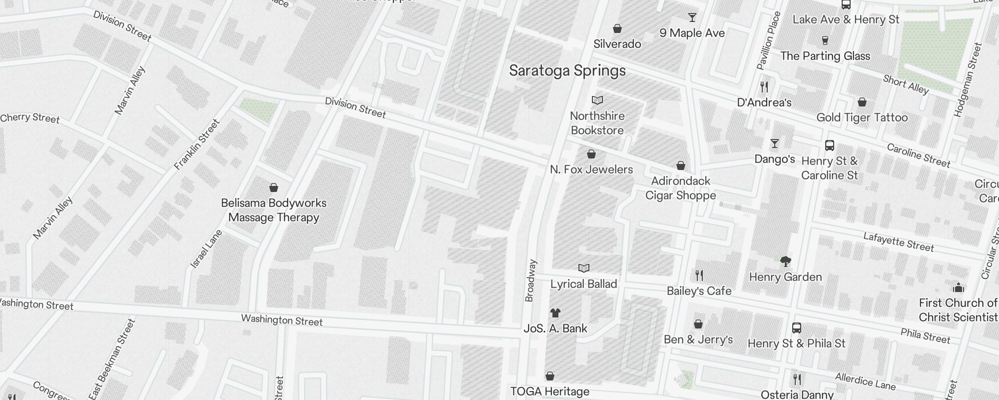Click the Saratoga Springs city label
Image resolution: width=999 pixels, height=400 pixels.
pyautogui.click(x=567, y=70)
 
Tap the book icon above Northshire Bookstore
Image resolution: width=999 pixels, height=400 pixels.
pyautogui.click(x=597, y=100)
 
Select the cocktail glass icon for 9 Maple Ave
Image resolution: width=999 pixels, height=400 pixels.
pyautogui.click(x=692, y=17)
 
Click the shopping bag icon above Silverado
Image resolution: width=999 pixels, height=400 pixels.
pyautogui.click(x=617, y=28)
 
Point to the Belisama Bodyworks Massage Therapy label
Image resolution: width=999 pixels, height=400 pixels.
pyautogui.click(x=274, y=210)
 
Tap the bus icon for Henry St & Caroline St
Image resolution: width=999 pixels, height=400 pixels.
pyautogui.click(x=830, y=145)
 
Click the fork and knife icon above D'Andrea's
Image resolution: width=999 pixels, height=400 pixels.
pyautogui.click(x=764, y=87)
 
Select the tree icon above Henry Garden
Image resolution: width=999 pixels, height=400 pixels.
pyautogui.click(x=785, y=261)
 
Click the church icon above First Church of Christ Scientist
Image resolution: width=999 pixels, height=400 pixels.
pyautogui.click(x=958, y=287)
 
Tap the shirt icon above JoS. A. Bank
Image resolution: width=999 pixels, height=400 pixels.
pyautogui.click(x=555, y=313)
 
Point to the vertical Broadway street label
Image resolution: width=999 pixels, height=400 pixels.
pyautogui.click(x=530, y=280)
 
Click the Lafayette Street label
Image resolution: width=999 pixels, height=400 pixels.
pyautogui.click(x=898, y=242)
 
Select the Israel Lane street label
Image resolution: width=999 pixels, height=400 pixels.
pyautogui.click(x=206, y=248)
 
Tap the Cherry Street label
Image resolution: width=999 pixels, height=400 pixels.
pyautogui.click(x=30, y=118)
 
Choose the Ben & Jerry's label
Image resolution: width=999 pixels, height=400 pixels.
pyautogui.click(x=698, y=339)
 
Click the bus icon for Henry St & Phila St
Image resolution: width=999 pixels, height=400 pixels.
pyautogui.click(x=797, y=328)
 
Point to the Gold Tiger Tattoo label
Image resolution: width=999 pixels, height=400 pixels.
pyautogui.click(x=862, y=117)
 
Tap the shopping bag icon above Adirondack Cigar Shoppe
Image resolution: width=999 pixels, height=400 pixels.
pyautogui.click(x=680, y=165)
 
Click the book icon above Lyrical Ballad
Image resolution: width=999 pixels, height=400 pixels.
pyautogui.click(x=583, y=268)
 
